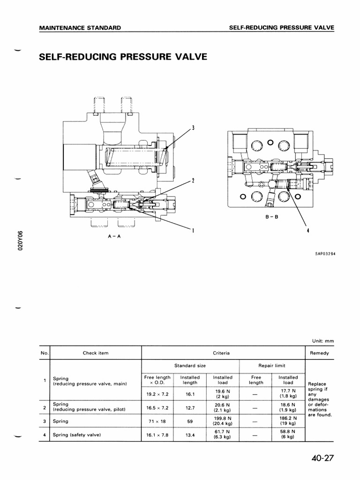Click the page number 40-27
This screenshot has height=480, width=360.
(321, 458)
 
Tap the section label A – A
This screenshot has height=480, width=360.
(114, 236)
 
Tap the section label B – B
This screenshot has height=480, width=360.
(272, 217)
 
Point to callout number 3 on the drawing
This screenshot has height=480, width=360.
(193, 128)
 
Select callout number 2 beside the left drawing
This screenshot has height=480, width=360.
(193, 180)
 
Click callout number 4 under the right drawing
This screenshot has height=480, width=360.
(308, 230)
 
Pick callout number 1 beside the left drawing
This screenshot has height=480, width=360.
(193, 230)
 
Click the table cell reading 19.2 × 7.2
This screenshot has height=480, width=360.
(157, 395)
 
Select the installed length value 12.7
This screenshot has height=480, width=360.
(190, 408)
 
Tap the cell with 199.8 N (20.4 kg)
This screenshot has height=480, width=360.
(222, 421)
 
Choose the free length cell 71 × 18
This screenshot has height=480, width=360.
(157, 421)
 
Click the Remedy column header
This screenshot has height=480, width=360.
(319, 353)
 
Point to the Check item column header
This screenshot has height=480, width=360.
(96, 353)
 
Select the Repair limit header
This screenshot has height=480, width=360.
(272, 366)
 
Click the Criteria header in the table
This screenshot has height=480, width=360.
(223, 353)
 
